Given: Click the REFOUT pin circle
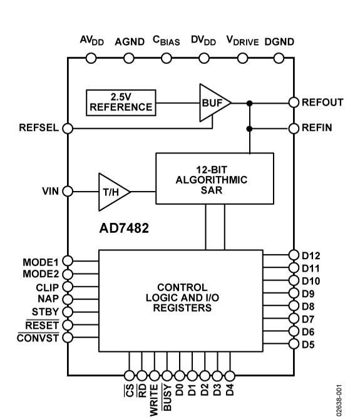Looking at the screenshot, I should click(x=293, y=102).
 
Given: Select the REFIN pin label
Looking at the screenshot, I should click(x=318, y=128).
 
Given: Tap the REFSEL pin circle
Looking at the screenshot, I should click(x=68, y=128).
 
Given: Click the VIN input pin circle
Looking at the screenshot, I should click(x=68, y=191).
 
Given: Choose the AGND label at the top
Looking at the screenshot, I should click(x=129, y=42).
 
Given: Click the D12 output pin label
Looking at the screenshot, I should click(x=312, y=255).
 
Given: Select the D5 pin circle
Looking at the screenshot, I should click(x=293, y=343).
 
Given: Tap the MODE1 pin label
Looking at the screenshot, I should click(x=41, y=260).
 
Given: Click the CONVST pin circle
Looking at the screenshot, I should click(x=68, y=337).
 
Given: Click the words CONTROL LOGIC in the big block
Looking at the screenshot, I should click(x=180, y=290).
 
